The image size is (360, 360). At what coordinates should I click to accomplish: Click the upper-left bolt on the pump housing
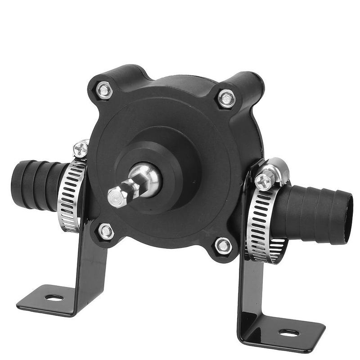click(x=104, y=90)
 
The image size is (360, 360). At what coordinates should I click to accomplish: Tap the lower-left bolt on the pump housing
click(x=106, y=231)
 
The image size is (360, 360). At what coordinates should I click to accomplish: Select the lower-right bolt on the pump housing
click(x=223, y=246)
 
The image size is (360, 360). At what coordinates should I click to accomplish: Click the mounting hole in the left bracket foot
click(x=54, y=297)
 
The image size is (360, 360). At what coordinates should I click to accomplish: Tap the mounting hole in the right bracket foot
click(x=289, y=333)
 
